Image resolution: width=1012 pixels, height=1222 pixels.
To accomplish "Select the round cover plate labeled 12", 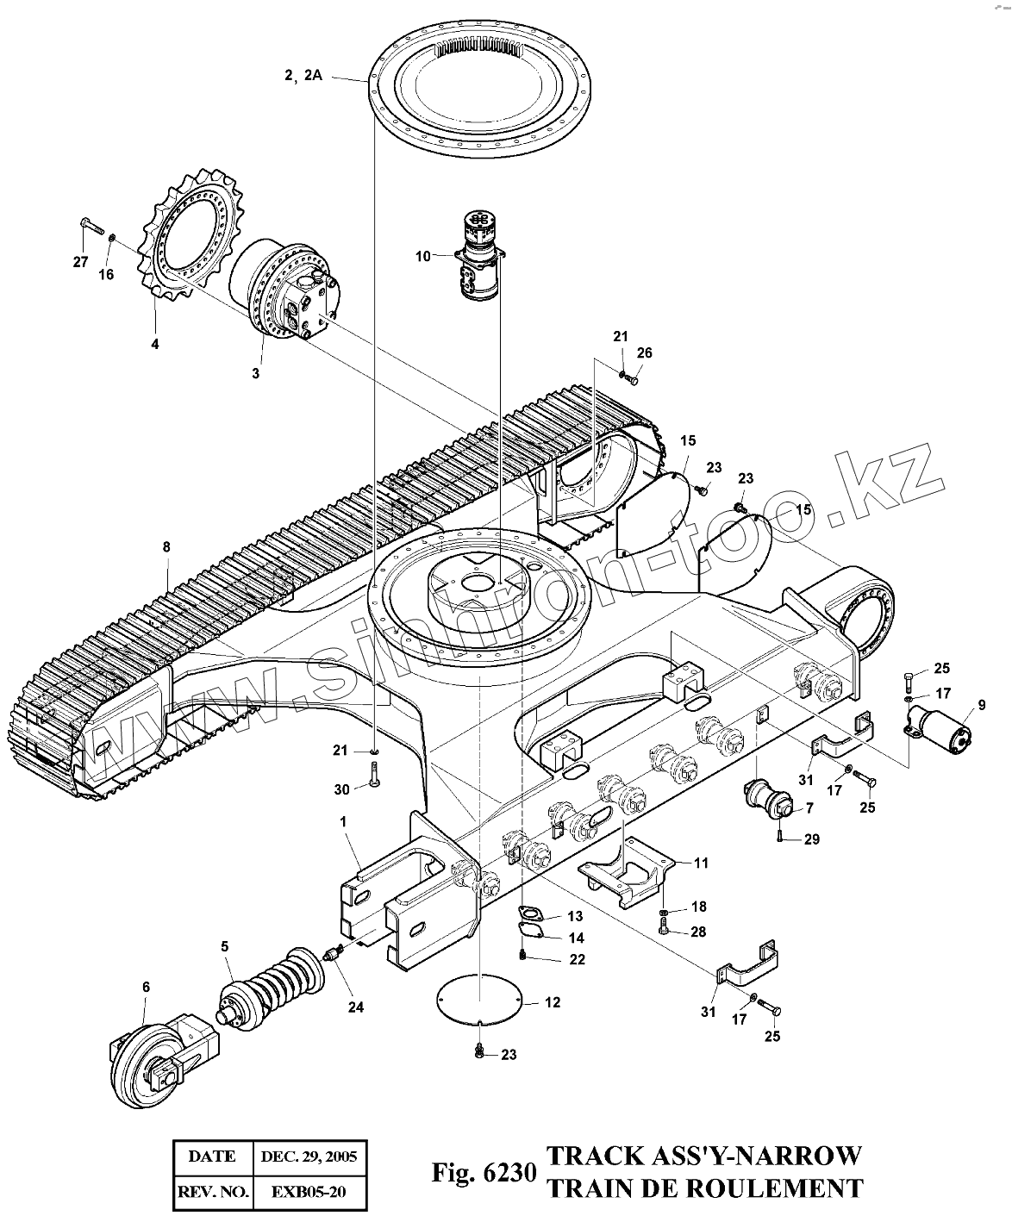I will coord(479,1000).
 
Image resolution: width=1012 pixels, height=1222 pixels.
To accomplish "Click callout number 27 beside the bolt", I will coord(80,262).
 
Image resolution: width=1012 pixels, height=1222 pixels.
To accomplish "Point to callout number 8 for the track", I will coord(166,546).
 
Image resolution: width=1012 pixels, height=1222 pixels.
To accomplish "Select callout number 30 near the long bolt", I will coord(342,789).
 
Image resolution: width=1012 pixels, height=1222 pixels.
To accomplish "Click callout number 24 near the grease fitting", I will coord(355,1007).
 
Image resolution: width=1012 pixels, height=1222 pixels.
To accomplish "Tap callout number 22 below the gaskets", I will coord(553,958).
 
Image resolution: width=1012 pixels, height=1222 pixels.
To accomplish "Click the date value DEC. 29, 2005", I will coord(309,1157).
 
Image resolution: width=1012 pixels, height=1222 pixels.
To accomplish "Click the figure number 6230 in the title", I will coord(509,1174).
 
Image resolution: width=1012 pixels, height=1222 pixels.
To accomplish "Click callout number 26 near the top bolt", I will coord(645,352).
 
